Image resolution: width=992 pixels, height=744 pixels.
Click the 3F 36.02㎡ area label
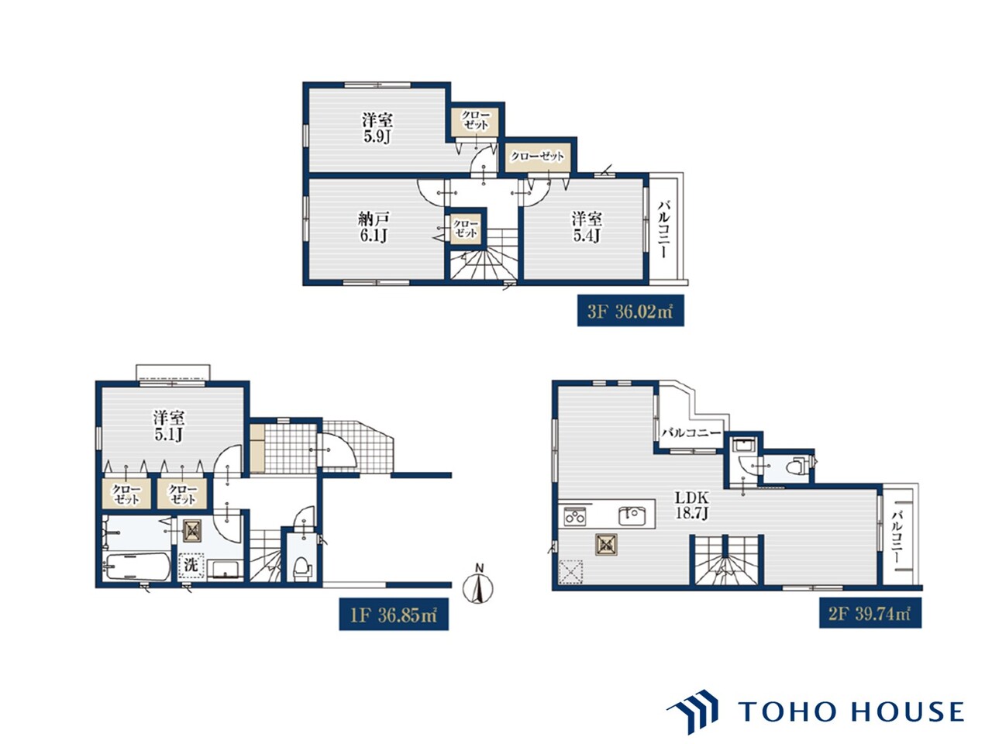click(630, 311)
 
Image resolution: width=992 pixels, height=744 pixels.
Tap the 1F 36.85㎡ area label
click(394, 615)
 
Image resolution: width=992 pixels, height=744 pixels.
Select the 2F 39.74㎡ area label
click(870, 614)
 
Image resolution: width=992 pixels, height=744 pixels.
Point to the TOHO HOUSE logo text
click(851, 712)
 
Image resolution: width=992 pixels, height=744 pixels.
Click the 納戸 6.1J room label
click(374, 227)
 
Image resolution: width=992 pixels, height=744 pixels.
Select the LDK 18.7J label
click(691, 505)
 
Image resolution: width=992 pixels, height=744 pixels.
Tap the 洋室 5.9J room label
click(377, 128)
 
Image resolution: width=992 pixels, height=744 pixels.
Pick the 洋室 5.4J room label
click(587, 227)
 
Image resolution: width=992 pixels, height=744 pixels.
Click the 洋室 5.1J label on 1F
click(169, 425)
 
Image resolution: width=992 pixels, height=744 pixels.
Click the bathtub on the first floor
click(137, 567)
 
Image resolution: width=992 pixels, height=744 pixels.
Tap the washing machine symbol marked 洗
click(191, 566)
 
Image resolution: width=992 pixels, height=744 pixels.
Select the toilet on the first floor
click(301, 568)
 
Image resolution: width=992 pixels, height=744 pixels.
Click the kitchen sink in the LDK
click(635, 515)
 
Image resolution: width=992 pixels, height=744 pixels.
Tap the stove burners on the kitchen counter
click(575, 515)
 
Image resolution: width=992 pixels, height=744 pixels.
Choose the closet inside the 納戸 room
click(466, 229)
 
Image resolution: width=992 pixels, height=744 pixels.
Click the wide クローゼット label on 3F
click(537, 157)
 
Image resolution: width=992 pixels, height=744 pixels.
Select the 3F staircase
click(484, 254)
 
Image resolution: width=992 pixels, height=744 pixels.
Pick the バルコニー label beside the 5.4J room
click(663, 230)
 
